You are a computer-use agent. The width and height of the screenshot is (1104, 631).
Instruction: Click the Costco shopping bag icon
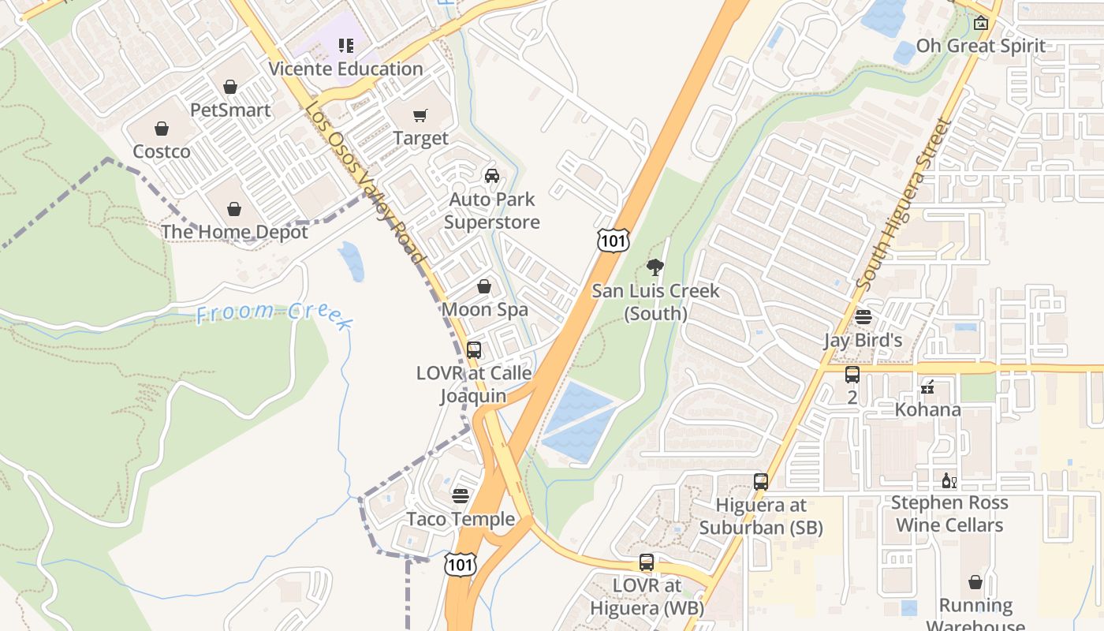[x=162, y=129]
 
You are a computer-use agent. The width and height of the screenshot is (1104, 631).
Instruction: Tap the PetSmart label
[x=230, y=110]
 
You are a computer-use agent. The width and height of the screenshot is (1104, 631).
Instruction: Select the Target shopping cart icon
[x=420, y=116]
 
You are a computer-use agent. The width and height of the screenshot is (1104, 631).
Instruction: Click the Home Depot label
[x=234, y=231]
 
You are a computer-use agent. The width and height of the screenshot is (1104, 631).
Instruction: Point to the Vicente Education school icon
[x=345, y=46]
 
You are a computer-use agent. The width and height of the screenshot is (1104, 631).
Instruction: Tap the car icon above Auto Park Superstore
[x=492, y=175]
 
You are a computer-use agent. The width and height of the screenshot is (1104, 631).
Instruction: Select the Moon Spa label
[x=484, y=309]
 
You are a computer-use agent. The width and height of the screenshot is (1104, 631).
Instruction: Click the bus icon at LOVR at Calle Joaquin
[x=474, y=349]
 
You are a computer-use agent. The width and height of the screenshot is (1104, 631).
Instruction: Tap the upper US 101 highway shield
[x=613, y=241]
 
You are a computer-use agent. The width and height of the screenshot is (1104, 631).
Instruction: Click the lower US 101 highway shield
[x=460, y=564]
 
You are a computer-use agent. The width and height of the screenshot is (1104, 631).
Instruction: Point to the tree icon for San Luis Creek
[x=655, y=267]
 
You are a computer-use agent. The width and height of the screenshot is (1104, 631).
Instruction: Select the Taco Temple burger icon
[x=461, y=496]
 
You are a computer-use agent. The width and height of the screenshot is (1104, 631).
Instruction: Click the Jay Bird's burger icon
[x=863, y=317]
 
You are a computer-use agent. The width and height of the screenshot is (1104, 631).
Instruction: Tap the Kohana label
[x=927, y=409]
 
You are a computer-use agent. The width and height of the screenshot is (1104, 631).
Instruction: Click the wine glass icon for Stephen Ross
[x=949, y=480]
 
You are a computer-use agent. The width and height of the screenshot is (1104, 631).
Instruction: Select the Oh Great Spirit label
[x=980, y=46]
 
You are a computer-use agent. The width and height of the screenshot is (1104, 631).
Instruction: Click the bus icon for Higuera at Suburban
[x=761, y=481]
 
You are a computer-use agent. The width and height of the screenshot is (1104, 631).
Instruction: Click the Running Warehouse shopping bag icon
[x=975, y=582]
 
